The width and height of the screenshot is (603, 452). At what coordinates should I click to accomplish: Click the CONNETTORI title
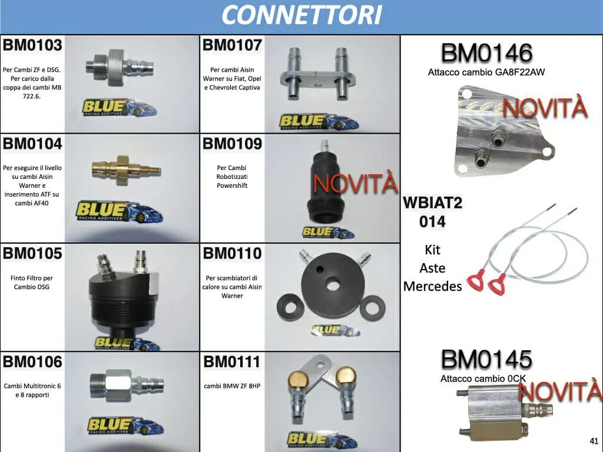pos(301,15)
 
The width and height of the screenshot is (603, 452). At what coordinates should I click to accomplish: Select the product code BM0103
pos(32,45)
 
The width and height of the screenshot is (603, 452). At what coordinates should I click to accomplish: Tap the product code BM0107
pos(232,45)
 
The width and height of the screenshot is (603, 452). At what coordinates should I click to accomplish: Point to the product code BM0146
pos(486,52)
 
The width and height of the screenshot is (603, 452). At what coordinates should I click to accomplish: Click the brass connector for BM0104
pos(126,169)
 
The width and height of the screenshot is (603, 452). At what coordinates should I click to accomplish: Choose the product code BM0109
pos(232,144)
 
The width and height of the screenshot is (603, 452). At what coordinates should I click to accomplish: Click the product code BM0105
pos(32,253)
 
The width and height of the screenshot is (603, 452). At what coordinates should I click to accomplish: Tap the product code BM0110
pos(232,253)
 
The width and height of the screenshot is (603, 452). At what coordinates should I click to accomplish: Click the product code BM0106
pos(32,362)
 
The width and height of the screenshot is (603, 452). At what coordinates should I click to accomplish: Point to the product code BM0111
pos(232,362)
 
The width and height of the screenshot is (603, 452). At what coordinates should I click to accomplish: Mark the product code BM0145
pos(486,360)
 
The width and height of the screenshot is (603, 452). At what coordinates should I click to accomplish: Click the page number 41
pos(594,441)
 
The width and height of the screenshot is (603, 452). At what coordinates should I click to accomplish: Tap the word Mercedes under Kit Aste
pos(433,287)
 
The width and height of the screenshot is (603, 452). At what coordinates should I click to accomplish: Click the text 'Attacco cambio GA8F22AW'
pos(486,72)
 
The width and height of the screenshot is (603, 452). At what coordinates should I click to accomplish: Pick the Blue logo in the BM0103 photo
pos(120,107)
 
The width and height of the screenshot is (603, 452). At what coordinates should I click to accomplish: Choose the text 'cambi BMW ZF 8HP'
pos(232,386)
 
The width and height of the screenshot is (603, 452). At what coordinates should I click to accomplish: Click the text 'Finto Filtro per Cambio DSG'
pos(32,282)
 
